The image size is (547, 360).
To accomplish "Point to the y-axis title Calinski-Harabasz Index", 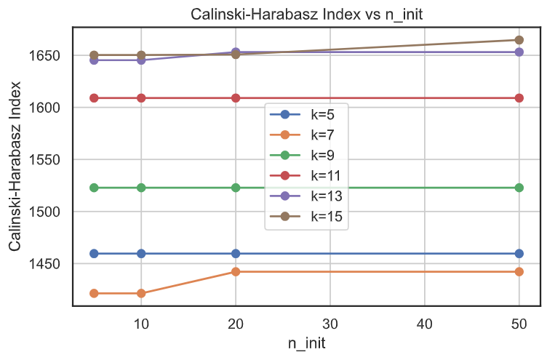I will [x=17, y=166].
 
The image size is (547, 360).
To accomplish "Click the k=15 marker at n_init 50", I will [x=519, y=40].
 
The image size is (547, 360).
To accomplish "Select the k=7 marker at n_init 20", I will [x=236, y=271].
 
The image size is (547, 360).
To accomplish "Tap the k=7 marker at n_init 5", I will [x=94, y=293].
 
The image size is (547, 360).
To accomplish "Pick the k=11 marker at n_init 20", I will [x=236, y=98].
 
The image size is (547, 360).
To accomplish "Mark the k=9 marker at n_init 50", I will [x=519, y=188].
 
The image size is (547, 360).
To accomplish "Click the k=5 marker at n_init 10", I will [x=141, y=254].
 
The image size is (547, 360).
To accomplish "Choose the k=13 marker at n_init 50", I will [x=519, y=52].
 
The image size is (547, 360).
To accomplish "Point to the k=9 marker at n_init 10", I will [x=141, y=188].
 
